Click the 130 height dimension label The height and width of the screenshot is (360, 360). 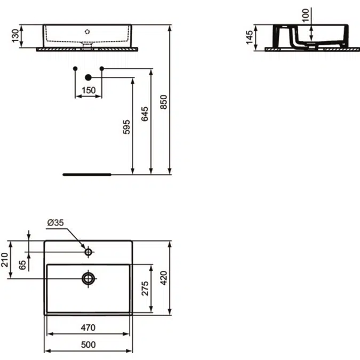point(15,36)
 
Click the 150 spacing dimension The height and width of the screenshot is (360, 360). point(89,91)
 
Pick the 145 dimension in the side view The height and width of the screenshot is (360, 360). point(250,37)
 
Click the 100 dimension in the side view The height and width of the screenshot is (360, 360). point(305,15)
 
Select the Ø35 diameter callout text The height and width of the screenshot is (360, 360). point(55,222)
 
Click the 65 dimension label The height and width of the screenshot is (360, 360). point(23,265)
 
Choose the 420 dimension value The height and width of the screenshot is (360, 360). point(164,277)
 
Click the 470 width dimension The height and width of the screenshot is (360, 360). point(88,327)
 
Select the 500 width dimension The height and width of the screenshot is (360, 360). point(88,345)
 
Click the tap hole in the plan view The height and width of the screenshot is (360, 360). point(89,251)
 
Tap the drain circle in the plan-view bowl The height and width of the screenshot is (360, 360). point(89,277)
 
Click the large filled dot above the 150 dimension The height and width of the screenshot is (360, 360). point(89,77)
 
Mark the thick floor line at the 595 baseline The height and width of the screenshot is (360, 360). point(86,174)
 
